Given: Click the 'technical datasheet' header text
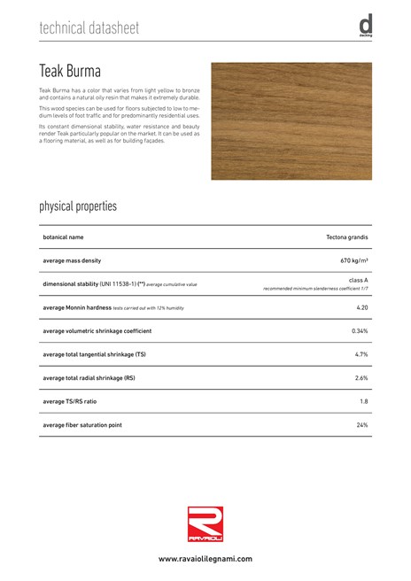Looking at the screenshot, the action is [89, 28].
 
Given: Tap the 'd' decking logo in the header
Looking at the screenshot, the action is [365, 27].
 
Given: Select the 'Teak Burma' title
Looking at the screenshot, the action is [70, 71].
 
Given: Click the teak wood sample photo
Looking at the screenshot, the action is [291, 121].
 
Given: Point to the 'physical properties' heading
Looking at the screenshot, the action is [78, 206].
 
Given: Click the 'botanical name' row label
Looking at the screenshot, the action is [63, 237].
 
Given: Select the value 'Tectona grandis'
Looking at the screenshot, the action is [347, 237].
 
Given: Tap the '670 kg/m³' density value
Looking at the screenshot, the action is [354, 261].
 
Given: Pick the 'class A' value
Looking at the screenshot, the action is [359, 280].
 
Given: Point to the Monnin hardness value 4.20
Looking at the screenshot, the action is [361, 307].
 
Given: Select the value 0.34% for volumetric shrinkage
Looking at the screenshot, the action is [360, 331].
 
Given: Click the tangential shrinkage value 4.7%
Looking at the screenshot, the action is [361, 354].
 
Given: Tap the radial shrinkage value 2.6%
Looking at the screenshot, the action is [361, 378].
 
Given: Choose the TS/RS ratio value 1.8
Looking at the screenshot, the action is [363, 401].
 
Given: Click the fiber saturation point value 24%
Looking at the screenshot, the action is [361, 425].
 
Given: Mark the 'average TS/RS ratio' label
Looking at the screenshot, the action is [70, 401].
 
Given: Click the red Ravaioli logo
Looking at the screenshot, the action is [205, 523].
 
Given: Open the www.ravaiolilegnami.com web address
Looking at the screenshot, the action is [205, 559].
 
